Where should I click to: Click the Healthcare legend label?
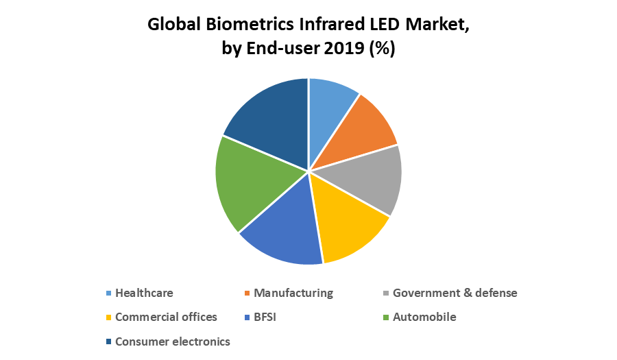(x=144, y=293)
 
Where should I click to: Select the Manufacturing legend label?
(x=293, y=293)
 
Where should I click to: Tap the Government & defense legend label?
(x=455, y=293)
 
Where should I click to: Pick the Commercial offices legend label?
(x=166, y=317)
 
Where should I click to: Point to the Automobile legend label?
(x=424, y=317)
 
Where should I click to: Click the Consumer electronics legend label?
(x=173, y=341)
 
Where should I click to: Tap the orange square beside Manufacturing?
(x=247, y=293)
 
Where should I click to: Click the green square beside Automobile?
(x=386, y=317)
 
